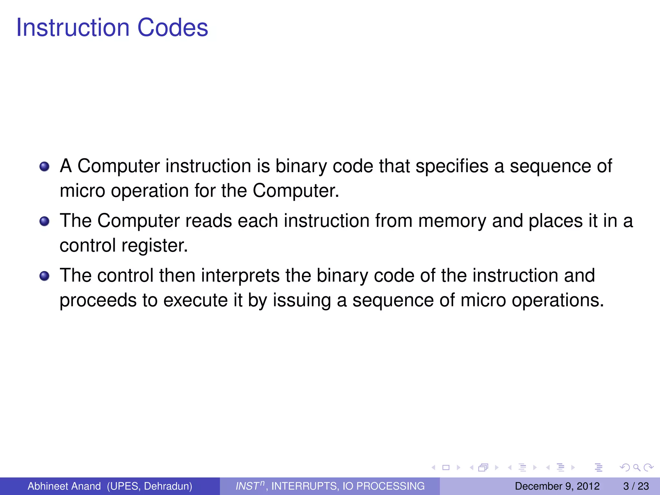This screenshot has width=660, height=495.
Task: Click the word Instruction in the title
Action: point(73,28)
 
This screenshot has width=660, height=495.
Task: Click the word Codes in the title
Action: point(173,28)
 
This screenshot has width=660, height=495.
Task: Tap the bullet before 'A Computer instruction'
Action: point(44,167)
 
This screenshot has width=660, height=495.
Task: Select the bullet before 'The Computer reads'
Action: point(44,221)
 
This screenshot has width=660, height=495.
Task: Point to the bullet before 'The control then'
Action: point(44,276)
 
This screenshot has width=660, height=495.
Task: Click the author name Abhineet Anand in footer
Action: point(64,486)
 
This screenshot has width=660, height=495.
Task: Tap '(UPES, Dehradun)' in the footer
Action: point(150,486)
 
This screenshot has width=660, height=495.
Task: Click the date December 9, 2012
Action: point(557,486)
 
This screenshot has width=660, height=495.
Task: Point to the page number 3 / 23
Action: point(636,486)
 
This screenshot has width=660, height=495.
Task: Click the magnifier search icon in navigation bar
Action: point(636,468)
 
